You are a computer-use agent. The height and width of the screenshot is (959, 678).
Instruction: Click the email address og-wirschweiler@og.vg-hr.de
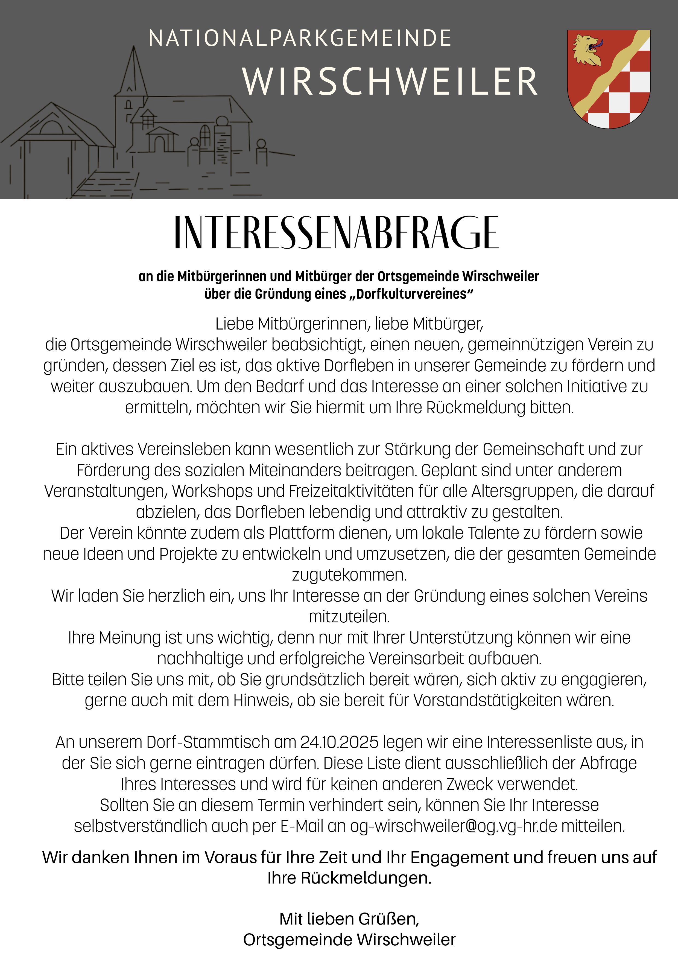tap(453, 826)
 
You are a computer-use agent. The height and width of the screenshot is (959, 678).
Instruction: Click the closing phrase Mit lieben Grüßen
tap(349, 919)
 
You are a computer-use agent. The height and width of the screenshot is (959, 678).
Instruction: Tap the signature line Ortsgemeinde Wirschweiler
tap(349, 940)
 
